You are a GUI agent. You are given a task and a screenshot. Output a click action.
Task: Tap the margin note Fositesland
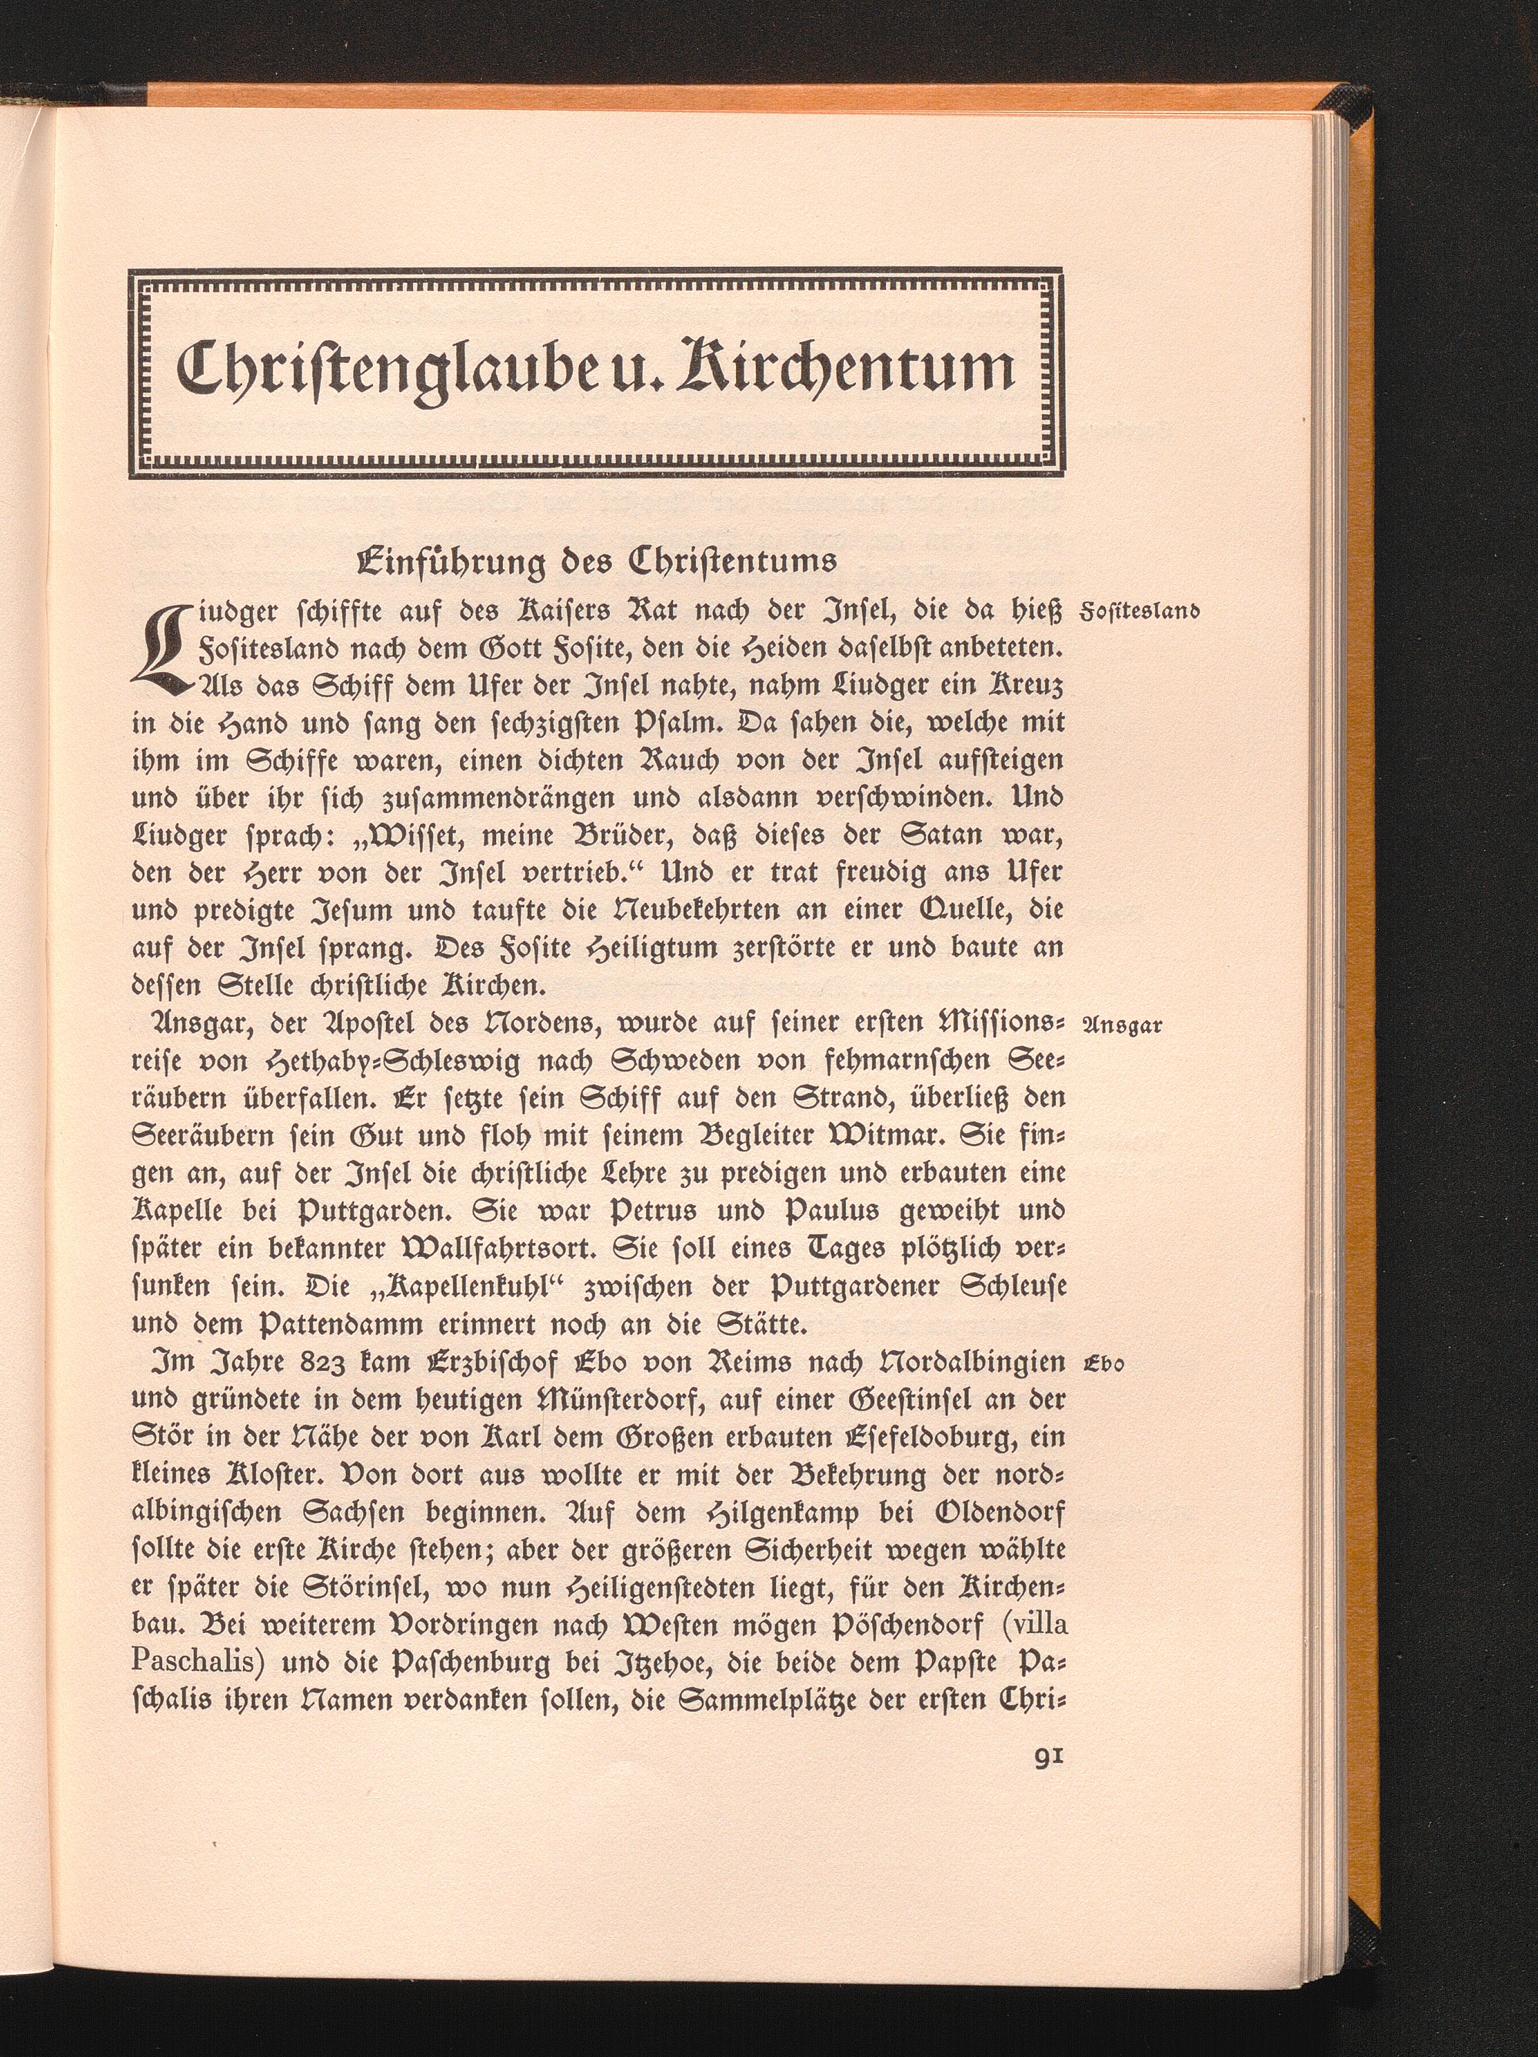(x=1138, y=612)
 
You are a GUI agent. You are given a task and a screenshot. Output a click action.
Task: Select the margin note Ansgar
(x=1124, y=1025)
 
